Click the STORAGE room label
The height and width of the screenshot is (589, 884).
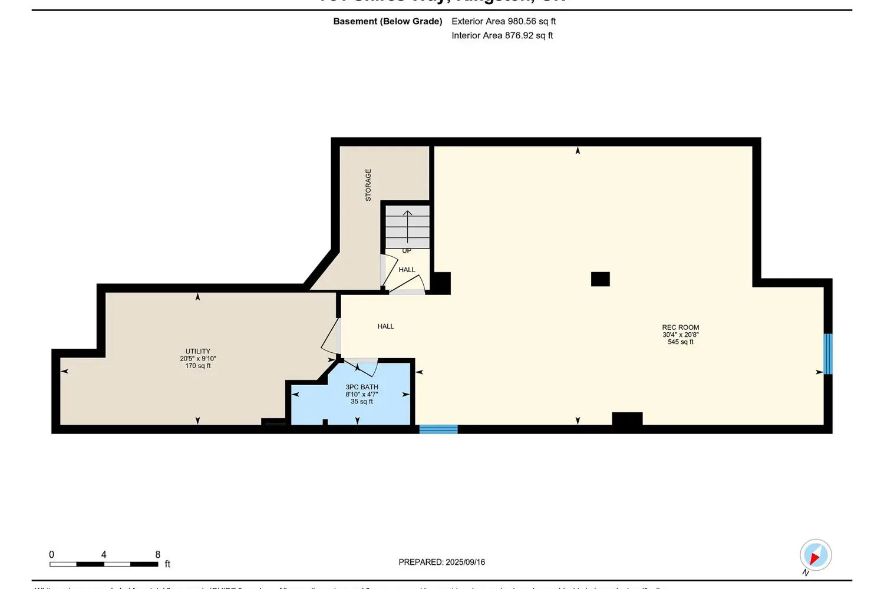pyautogui.click(x=368, y=185)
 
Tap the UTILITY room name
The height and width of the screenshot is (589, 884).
pyautogui.click(x=198, y=351)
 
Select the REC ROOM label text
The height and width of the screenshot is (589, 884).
pyautogui.click(x=680, y=327)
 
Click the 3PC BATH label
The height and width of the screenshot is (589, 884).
pyautogui.click(x=362, y=387)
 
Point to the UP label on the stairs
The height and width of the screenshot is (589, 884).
pyautogui.click(x=407, y=251)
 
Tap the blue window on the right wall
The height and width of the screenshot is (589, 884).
pyautogui.click(x=827, y=354)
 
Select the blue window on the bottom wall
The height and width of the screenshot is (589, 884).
pyautogui.click(x=438, y=429)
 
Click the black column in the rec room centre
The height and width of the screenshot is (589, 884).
pyautogui.click(x=600, y=279)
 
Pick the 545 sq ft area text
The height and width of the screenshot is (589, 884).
pyautogui.click(x=680, y=342)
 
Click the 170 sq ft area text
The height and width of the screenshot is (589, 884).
pyautogui.click(x=198, y=366)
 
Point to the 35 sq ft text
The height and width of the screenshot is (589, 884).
pyautogui.click(x=362, y=402)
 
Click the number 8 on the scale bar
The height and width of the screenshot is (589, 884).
pyautogui.click(x=157, y=554)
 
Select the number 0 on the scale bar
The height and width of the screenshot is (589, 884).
pyautogui.click(x=52, y=554)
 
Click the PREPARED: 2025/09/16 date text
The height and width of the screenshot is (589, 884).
pyautogui.click(x=441, y=562)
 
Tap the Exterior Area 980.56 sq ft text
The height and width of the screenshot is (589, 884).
pyautogui.click(x=503, y=21)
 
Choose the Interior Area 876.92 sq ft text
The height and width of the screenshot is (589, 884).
pyautogui.click(x=502, y=35)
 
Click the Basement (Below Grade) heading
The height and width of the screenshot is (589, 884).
pyautogui.click(x=387, y=21)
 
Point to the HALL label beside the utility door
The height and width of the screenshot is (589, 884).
pyautogui.click(x=385, y=326)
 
